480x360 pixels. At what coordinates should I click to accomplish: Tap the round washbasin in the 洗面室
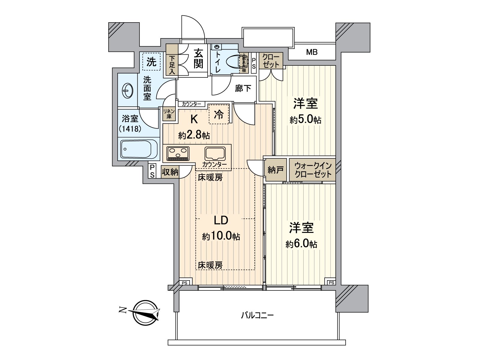[x=128, y=90]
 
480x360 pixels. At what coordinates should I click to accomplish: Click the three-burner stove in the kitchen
[x=178, y=154]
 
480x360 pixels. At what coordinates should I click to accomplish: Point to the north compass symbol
[x=145, y=313]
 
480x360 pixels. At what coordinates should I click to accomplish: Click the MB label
[x=312, y=52]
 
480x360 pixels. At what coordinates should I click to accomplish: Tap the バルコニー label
[x=257, y=315]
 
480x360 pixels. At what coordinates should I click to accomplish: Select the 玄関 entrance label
[x=198, y=58]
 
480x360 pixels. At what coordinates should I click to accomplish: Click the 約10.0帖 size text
[x=221, y=236]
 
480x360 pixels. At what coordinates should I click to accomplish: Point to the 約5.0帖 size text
[x=305, y=120]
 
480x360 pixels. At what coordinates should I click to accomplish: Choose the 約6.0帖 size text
[x=301, y=244]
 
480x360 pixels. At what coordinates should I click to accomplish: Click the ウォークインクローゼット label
[x=313, y=170]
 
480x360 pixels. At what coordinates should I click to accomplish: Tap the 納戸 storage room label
[x=275, y=170]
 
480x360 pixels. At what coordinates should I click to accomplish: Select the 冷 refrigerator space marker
[x=219, y=114]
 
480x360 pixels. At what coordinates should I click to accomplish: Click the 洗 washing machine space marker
[x=151, y=62]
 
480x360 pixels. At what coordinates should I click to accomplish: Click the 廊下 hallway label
[x=243, y=88]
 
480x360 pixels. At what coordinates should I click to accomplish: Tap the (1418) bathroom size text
[x=130, y=129]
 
